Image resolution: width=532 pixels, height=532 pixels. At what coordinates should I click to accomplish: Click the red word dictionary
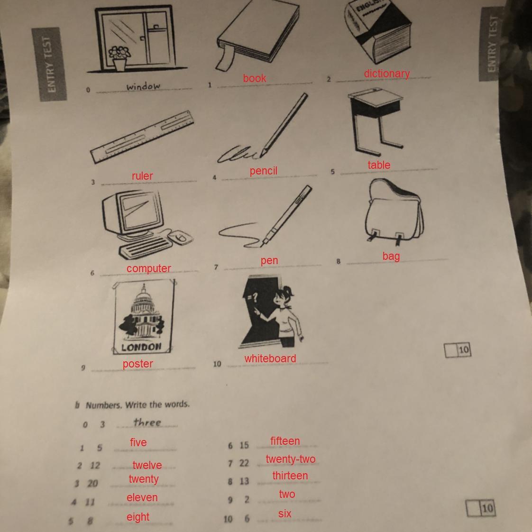point(387,74)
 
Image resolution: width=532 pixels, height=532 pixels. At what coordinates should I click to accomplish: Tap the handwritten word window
point(143,86)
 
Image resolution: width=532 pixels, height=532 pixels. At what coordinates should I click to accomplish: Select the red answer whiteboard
point(270,358)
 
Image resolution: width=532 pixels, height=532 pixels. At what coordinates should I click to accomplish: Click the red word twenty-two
point(291,459)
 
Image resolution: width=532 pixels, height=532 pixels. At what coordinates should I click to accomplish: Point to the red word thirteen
point(290,476)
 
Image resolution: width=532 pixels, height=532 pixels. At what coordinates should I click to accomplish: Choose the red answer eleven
point(142,497)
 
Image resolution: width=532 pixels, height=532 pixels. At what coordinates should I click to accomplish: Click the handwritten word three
point(147,422)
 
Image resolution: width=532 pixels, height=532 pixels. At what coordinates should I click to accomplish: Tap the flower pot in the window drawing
point(120,64)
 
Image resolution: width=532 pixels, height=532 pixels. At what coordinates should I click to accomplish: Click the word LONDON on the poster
point(141,347)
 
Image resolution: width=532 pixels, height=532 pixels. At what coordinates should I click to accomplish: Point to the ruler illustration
point(142,137)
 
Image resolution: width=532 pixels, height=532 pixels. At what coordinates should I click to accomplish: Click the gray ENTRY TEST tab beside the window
point(49,64)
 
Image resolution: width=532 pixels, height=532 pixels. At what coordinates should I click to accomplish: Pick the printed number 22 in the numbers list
point(244,463)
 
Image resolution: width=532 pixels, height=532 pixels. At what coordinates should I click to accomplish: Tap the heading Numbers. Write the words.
point(138,405)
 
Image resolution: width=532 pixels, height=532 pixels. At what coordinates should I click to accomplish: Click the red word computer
point(148,268)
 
